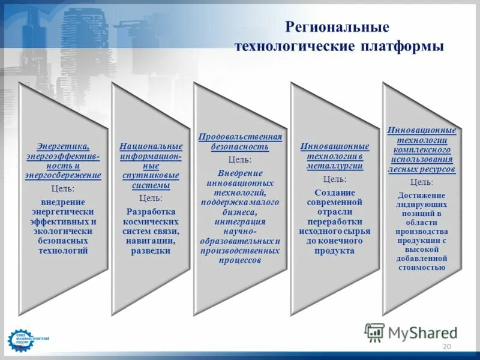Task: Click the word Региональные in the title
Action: point(338,27)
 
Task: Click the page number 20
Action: point(446,347)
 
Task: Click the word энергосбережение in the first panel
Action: point(63,175)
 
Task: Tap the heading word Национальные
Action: point(151,146)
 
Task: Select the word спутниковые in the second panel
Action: point(151,175)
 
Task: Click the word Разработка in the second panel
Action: point(151,211)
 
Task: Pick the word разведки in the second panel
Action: point(151,251)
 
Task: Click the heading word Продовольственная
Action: point(240,137)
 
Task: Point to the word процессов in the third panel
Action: point(240,260)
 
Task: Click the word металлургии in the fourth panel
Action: point(335,166)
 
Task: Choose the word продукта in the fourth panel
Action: point(335,251)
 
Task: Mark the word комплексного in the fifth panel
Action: point(421,149)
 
